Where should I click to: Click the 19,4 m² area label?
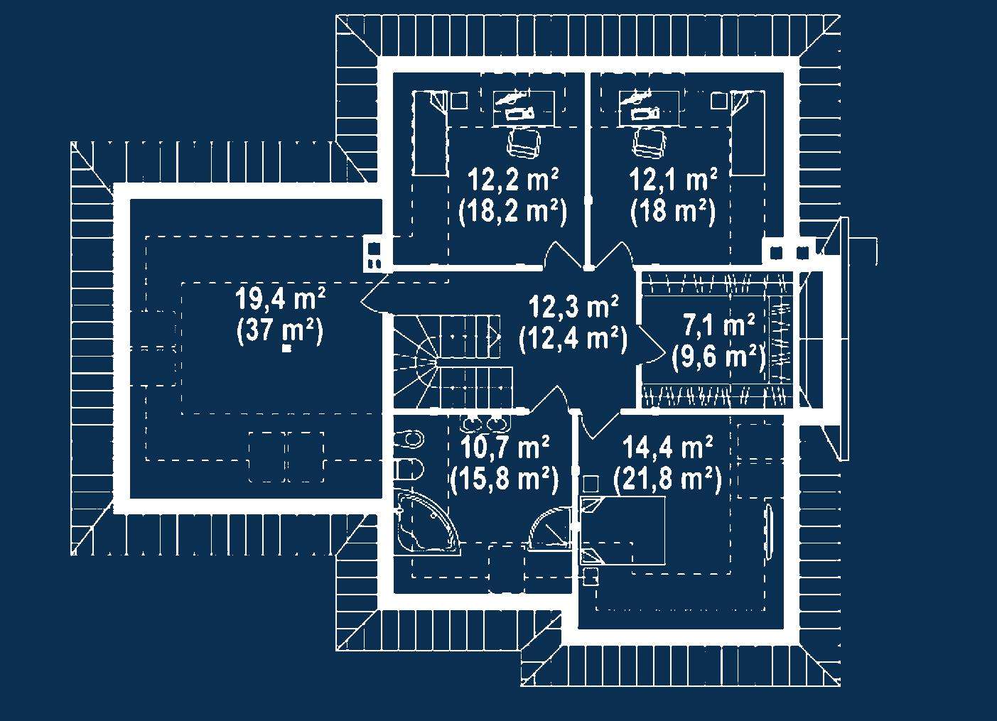281,298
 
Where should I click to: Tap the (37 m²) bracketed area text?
280,331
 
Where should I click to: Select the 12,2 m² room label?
513,180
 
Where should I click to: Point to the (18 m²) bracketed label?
673,212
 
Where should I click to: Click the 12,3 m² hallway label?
573,308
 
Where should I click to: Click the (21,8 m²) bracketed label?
667,479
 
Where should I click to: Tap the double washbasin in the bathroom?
483,424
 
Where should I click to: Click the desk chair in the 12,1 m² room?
650,143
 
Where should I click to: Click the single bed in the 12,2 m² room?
431,133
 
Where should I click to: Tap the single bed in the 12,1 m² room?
748,133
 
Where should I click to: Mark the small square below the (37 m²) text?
287,349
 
